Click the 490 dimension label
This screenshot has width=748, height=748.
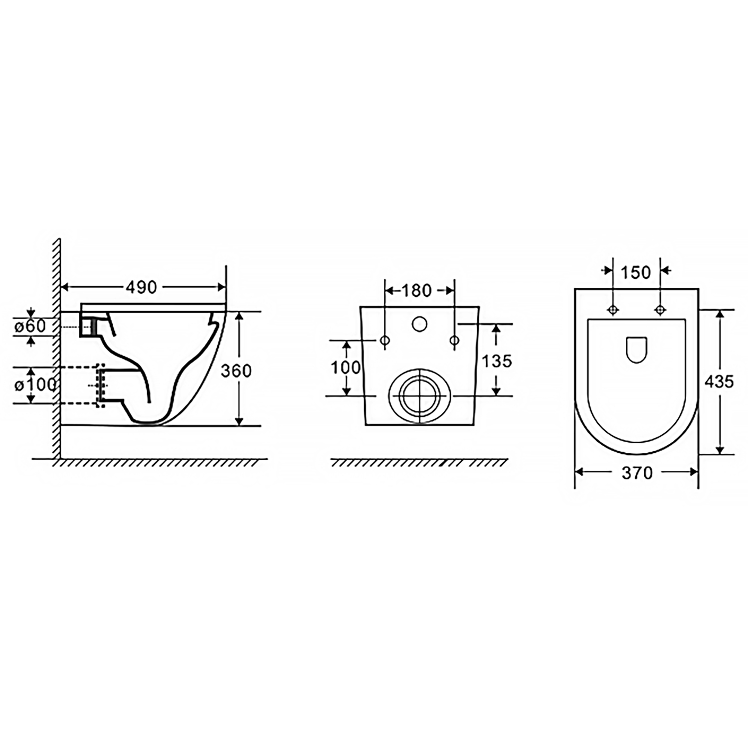141,287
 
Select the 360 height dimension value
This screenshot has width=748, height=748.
236,371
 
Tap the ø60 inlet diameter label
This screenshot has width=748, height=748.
30,326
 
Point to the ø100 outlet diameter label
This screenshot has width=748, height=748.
34,385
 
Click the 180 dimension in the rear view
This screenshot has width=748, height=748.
416,290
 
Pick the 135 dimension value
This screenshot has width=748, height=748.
497,361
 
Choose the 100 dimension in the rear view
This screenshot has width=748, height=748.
346,368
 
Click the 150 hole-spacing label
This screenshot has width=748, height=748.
636,272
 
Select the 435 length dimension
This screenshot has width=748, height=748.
719,382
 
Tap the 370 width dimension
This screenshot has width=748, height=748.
637,473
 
